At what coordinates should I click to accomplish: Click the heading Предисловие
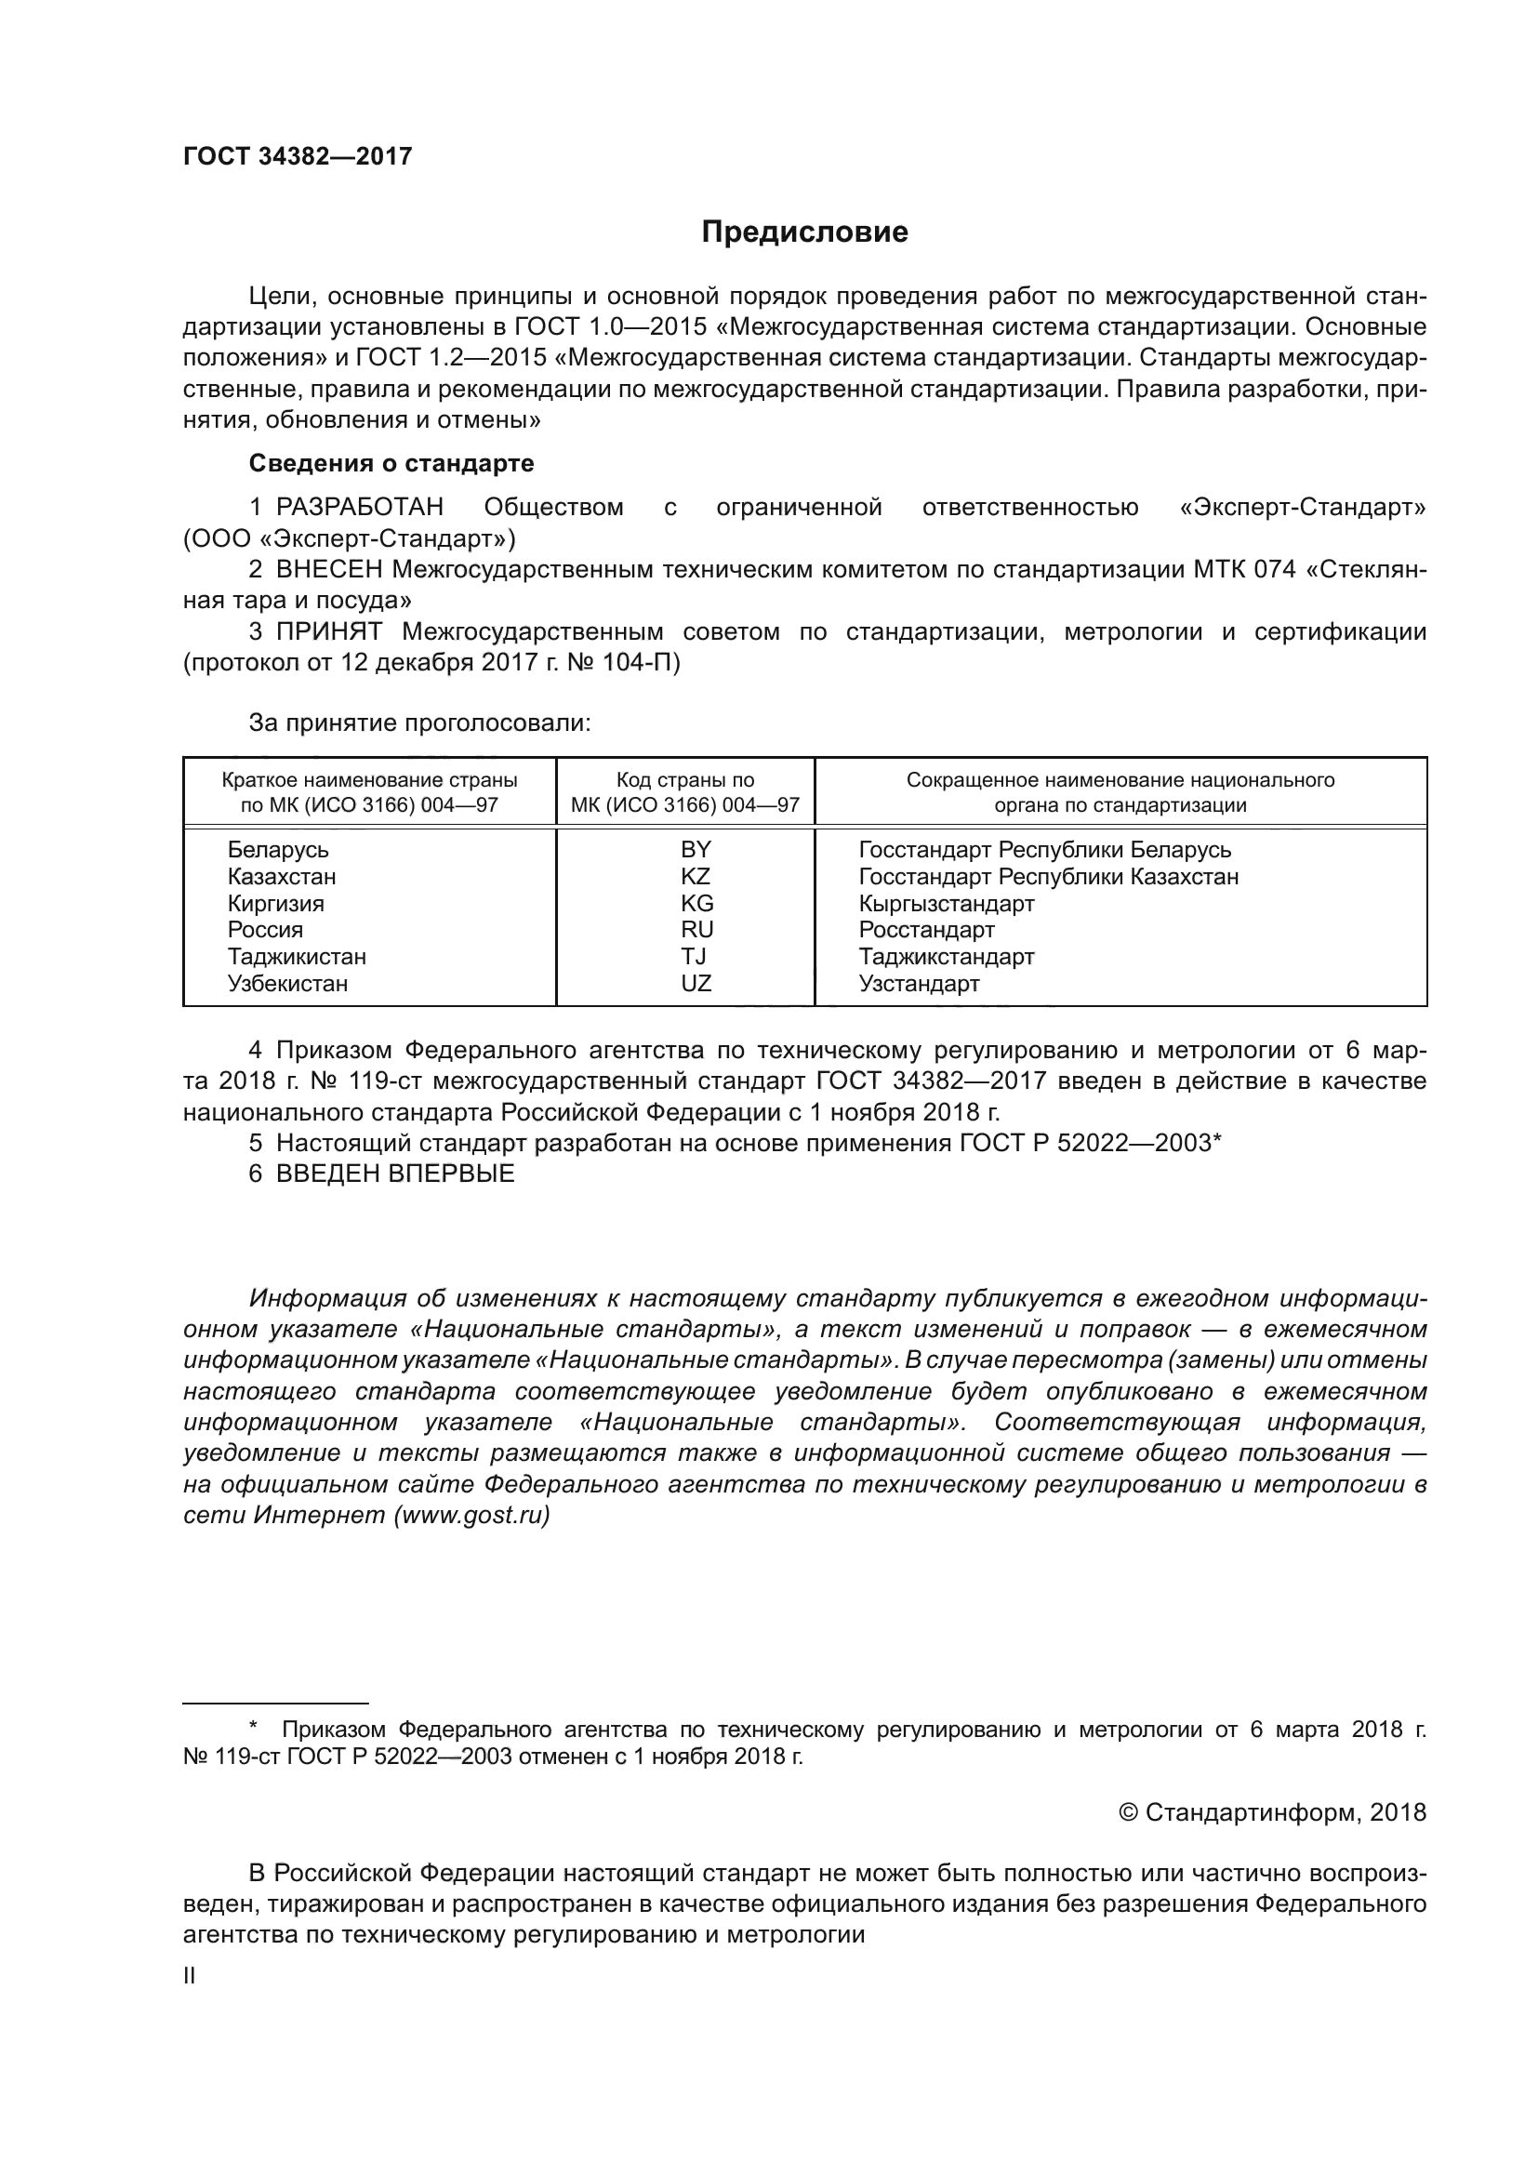coord(804,232)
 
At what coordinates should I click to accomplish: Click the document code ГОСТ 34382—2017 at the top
coord(298,157)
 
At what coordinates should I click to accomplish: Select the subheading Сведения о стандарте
coord(391,463)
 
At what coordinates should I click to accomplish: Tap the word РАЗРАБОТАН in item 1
coord(360,508)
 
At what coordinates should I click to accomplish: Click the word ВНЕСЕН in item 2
coord(328,569)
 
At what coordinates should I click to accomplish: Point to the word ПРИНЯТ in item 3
coord(328,631)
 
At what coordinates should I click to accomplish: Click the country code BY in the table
coord(696,849)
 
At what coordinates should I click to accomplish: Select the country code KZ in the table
coord(696,876)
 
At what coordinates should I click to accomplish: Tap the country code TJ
coord(695,956)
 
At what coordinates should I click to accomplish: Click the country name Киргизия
coord(275,903)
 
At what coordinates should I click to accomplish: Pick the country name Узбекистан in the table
coord(287,983)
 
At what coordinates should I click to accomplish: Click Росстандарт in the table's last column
coord(926,929)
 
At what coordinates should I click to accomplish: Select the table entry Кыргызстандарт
coord(946,903)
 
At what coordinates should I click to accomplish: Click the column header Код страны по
coord(684,779)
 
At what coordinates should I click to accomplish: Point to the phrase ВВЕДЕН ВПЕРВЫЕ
coord(395,1174)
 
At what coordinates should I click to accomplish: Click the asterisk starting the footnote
coord(253,1731)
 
